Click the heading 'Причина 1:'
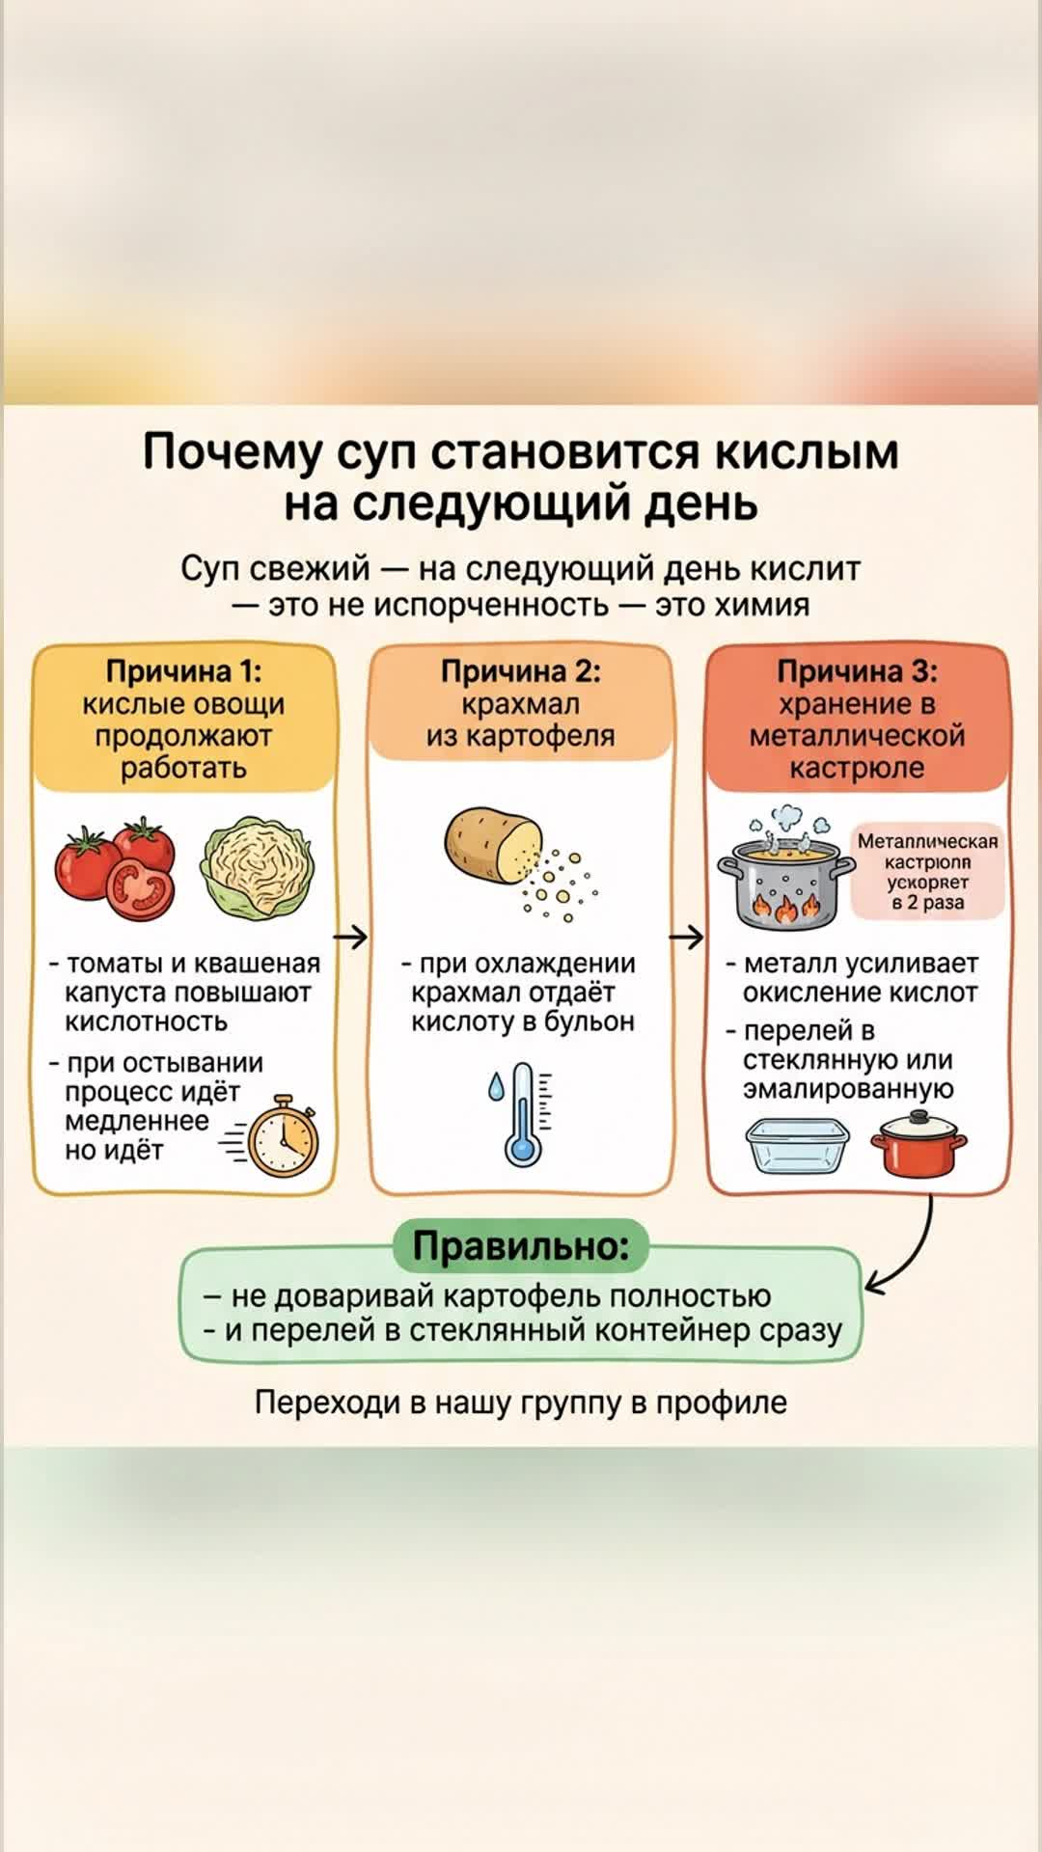click(183, 671)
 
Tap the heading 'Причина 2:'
click(520, 671)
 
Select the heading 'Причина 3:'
click(857, 671)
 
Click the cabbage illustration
click(255, 866)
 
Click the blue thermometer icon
click(523, 1114)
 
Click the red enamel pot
click(918, 1146)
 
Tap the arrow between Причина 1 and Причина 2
click(351, 937)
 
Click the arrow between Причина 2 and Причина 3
click(687, 937)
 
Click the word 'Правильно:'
click(521, 1246)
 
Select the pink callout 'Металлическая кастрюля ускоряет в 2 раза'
click(927, 872)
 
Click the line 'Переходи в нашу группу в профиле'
click(521, 1403)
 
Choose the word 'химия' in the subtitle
click(760, 606)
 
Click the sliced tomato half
click(141, 889)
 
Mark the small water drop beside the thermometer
click(496, 1087)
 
